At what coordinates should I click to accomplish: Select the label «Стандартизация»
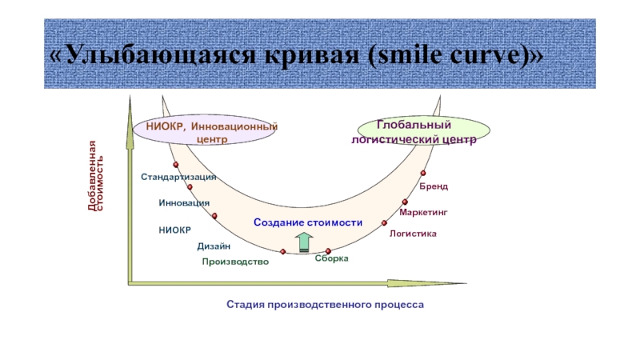click(x=178, y=177)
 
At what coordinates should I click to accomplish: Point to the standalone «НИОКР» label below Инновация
click(x=174, y=230)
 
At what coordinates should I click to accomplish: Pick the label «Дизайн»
click(x=214, y=246)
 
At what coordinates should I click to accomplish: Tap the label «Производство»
click(x=235, y=262)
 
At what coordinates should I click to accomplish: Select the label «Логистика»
click(x=413, y=234)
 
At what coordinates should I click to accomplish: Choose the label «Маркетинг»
click(x=422, y=213)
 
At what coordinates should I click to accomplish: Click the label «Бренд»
click(x=435, y=186)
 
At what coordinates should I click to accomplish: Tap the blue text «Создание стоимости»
click(x=308, y=222)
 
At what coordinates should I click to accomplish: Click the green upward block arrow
click(x=304, y=242)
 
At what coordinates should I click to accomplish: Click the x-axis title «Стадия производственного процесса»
click(x=324, y=305)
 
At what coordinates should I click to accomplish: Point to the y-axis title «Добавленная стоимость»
click(x=96, y=176)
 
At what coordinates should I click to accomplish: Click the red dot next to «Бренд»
click(x=423, y=174)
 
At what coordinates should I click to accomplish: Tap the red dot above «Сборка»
click(x=329, y=251)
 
